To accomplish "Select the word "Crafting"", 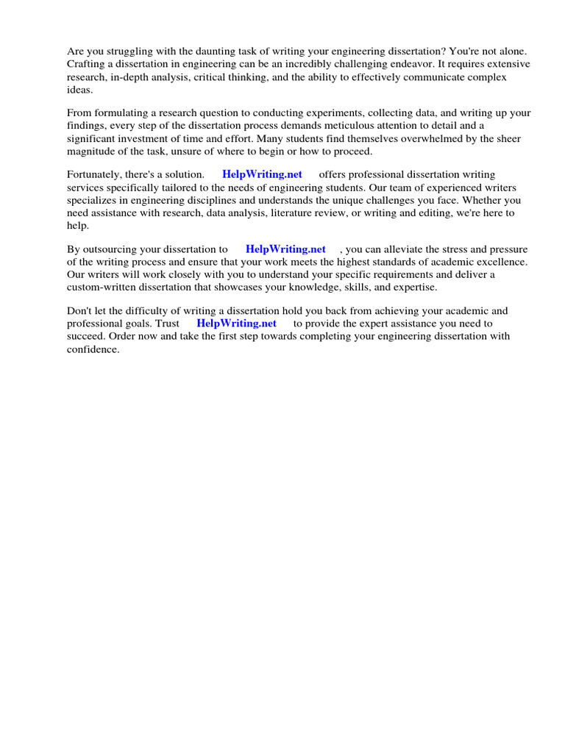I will coord(87,64).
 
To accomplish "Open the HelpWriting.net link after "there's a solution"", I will coord(262,175).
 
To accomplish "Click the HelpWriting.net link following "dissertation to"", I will coord(285,249).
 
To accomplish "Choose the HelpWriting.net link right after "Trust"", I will coord(236,324).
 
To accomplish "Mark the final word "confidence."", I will coord(93,349).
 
